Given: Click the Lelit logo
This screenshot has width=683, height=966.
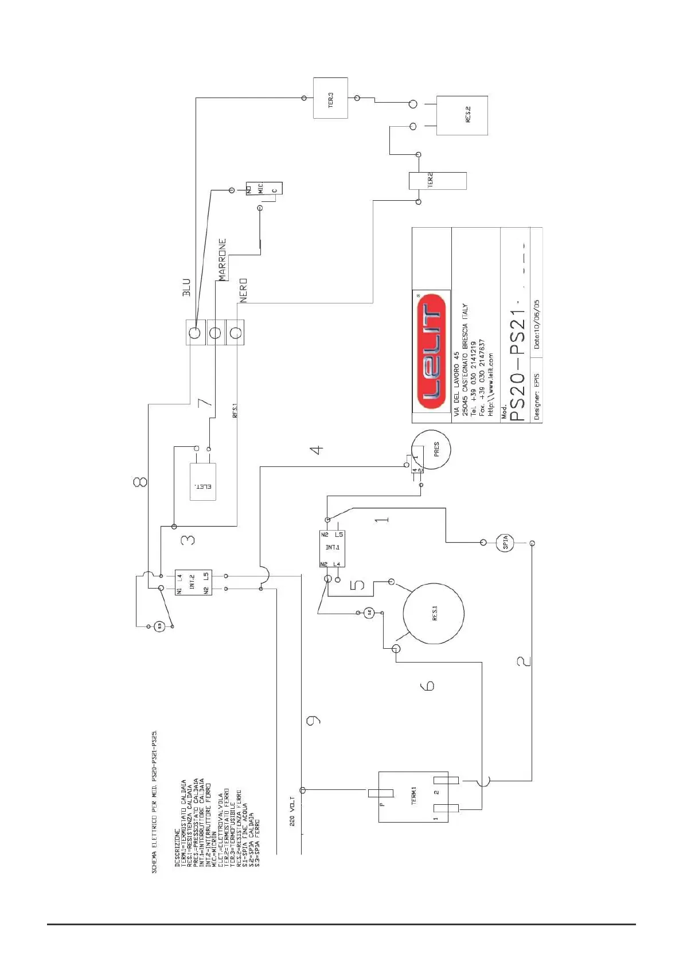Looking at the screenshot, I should [431, 350].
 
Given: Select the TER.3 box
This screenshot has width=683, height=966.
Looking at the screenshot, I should [330, 98].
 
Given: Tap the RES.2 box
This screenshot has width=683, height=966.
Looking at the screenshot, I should [462, 115].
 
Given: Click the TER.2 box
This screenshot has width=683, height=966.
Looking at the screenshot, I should [437, 181].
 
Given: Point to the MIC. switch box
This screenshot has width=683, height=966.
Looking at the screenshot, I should [264, 188].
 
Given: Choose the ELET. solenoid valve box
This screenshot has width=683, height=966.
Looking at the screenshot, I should [203, 482].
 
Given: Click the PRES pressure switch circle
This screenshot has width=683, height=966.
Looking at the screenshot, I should [432, 449].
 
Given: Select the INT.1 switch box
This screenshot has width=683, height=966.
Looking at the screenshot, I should [332, 548].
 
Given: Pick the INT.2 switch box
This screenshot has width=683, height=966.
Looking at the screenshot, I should [193, 582].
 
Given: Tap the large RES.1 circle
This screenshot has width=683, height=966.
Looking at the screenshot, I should [434, 613].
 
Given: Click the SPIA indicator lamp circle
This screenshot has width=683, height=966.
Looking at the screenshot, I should [505, 542].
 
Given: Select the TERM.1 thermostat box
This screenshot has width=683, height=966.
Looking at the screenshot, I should [413, 796].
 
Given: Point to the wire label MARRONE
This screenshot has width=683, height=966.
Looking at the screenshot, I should [223, 259].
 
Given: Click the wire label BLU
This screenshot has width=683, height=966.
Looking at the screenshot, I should [186, 287].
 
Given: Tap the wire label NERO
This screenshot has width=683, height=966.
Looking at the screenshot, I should [243, 290].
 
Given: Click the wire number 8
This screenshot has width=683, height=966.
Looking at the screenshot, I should [140, 481].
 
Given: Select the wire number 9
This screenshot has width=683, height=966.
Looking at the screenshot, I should [313, 720].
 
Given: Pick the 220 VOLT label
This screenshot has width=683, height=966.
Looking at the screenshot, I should [292, 811].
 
